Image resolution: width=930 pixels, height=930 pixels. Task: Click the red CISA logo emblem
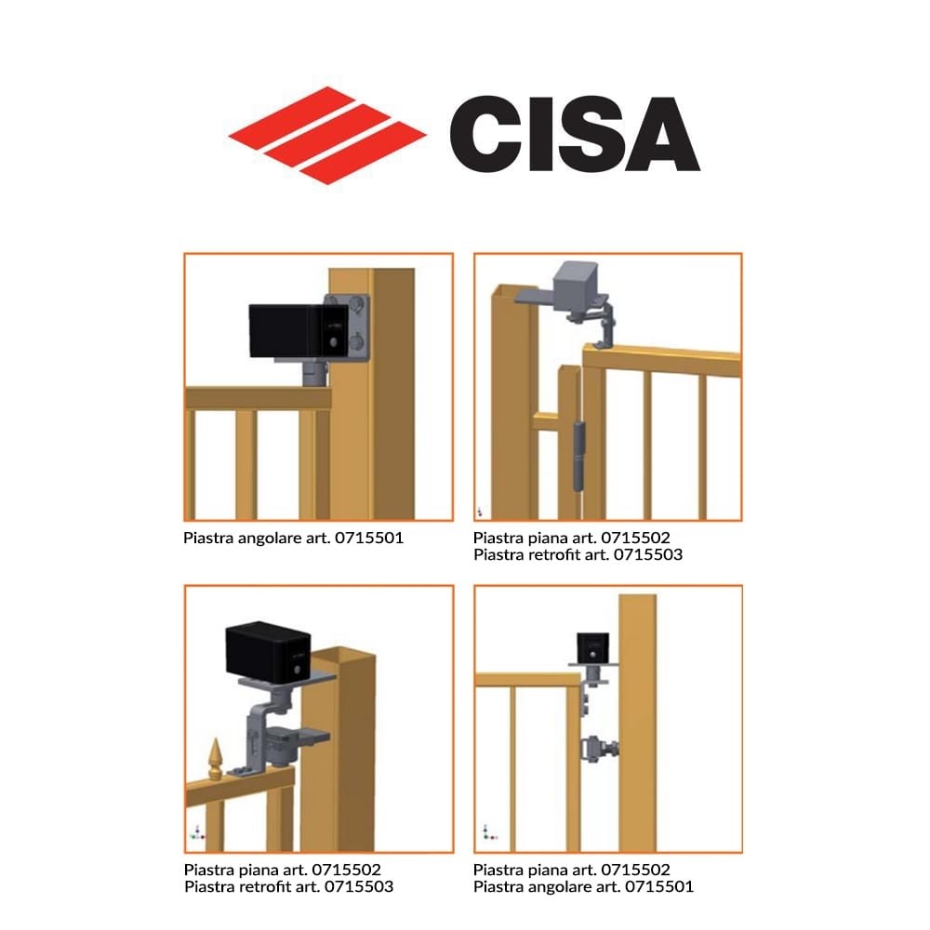pyautogui.click(x=327, y=136)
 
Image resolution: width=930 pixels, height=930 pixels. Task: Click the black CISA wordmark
pyautogui.click(x=575, y=134)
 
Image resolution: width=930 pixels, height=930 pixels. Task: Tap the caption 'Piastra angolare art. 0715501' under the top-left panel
pyautogui.click(x=293, y=538)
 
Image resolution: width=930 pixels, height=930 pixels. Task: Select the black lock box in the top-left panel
pyautogui.click(x=299, y=330)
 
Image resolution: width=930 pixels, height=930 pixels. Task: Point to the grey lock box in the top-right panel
pyautogui.click(x=576, y=286)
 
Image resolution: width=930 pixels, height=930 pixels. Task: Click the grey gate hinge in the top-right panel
pyautogui.click(x=578, y=456)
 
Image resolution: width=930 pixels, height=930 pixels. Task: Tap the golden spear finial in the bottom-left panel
pyautogui.click(x=216, y=759)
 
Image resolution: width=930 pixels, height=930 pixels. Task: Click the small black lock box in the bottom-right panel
pyautogui.click(x=592, y=647)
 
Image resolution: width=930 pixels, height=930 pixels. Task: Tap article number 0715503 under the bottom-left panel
pyautogui.click(x=358, y=886)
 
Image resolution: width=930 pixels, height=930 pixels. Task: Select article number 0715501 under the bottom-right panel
pyautogui.click(x=659, y=886)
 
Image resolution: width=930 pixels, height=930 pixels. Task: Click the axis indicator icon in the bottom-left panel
pyautogui.click(x=197, y=832)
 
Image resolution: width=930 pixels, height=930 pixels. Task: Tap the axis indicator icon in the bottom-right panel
pyautogui.click(x=489, y=832)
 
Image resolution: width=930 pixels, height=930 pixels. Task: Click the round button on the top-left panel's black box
pyautogui.click(x=334, y=342)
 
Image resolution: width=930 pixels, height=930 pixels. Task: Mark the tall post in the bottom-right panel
pyautogui.click(x=638, y=723)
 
